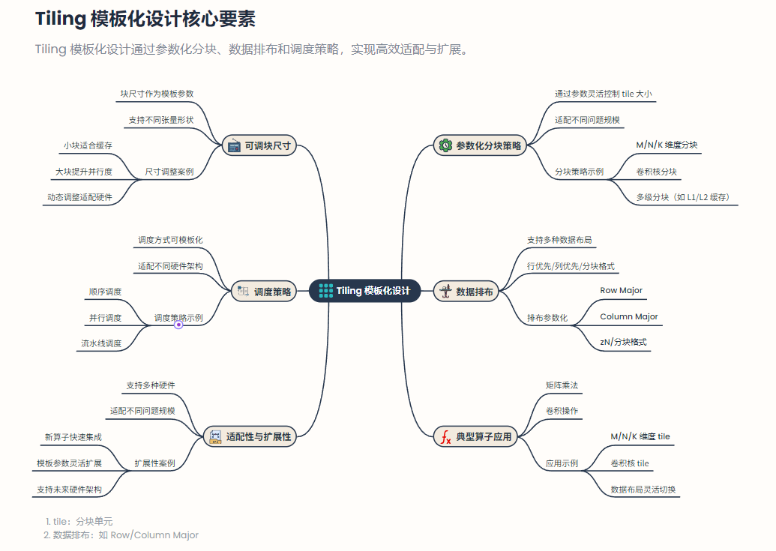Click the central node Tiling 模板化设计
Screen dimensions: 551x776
[x=364, y=291]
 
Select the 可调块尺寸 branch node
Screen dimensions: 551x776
[x=260, y=146]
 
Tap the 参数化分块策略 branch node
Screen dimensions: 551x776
[x=480, y=146]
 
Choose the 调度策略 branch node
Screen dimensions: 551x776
[x=264, y=292]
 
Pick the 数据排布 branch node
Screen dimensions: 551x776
[x=466, y=292]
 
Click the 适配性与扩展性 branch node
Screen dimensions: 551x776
[x=250, y=436]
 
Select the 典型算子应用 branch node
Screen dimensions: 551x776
[x=475, y=436]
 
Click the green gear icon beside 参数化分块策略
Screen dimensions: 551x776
[x=445, y=146]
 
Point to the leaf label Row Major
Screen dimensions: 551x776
[x=621, y=290]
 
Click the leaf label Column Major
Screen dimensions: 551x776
[x=628, y=316]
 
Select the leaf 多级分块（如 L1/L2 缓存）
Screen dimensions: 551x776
[x=682, y=197]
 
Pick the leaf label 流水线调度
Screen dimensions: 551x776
[x=101, y=343]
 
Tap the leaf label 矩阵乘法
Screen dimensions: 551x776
[x=562, y=385]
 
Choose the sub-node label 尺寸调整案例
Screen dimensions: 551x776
[x=169, y=172]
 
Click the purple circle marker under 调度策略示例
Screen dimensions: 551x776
[x=178, y=325]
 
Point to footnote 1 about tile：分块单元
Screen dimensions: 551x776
[x=78, y=521]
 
